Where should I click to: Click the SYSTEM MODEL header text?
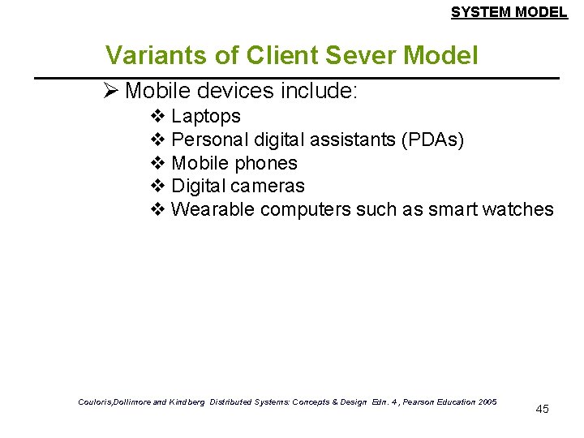[509, 12]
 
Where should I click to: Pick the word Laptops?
[206, 117]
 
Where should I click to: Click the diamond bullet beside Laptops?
[158, 117]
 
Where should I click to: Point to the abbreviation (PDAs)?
[432, 140]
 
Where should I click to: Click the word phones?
[266, 163]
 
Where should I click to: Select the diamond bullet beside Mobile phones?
[158, 163]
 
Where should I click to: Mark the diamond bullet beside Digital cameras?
[158, 186]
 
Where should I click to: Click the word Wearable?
[213, 209]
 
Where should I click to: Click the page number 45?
[543, 409]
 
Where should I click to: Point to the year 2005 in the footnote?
[487, 401]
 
